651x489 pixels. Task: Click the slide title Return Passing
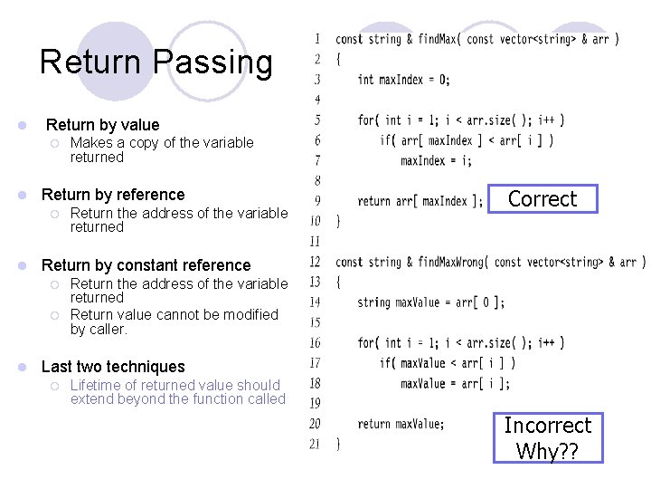click(x=156, y=62)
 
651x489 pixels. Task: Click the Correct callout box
click(x=542, y=199)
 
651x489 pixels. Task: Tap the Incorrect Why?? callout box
click(x=547, y=437)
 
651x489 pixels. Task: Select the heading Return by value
click(x=102, y=125)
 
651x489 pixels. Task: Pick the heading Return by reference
click(x=113, y=195)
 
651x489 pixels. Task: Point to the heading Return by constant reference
click(x=146, y=265)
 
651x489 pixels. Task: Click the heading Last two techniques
click(x=113, y=367)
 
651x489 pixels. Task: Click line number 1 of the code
click(x=316, y=39)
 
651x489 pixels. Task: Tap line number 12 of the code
click(x=315, y=263)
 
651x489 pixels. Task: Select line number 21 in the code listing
click(x=315, y=444)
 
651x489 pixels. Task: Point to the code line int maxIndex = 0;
click(x=403, y=80)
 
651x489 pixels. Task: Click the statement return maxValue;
click(x=401, y=424)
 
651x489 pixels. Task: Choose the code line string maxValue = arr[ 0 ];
click(x=430, y=302)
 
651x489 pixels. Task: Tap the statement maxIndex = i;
click(x=436, y=160)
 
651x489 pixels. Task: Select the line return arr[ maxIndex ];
click(x=420, y=201)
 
